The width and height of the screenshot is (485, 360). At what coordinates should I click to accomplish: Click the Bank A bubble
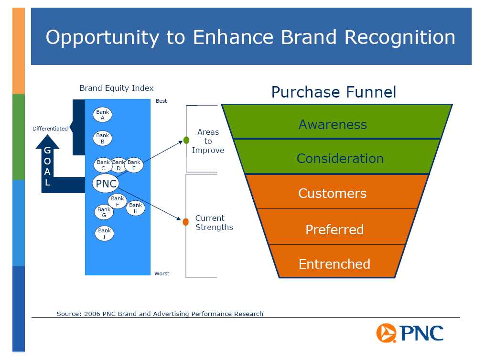pos(102,114)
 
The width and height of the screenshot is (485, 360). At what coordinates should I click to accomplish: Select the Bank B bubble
pos(102,138)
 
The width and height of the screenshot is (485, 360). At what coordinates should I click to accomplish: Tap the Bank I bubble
pos(104,233)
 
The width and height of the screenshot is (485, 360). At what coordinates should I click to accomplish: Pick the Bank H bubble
pos(136,207)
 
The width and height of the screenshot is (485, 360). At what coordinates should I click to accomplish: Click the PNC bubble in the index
pos(106,183)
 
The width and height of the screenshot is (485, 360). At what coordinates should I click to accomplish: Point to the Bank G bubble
pos(104,212)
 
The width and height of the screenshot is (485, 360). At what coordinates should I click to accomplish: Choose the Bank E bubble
pos(134,164)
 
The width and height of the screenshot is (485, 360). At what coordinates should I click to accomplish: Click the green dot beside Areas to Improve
pos(186,140)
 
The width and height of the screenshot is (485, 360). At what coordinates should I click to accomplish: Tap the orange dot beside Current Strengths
pos(185,222)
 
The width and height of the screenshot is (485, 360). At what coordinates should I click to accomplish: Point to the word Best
pos(161,101)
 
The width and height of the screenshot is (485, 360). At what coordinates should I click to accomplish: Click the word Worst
pos(162,273)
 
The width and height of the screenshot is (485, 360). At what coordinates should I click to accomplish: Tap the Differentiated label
pos(50,129)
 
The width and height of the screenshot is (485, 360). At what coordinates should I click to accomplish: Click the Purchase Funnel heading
pos(334,92)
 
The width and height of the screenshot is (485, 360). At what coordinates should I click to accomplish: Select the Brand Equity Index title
pos(116,88)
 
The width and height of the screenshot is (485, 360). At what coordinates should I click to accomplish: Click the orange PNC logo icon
pos(386,333)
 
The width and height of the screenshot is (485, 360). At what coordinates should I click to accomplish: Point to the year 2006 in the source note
pos(92,314)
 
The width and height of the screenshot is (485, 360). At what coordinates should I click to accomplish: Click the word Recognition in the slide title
pos(399,37)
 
